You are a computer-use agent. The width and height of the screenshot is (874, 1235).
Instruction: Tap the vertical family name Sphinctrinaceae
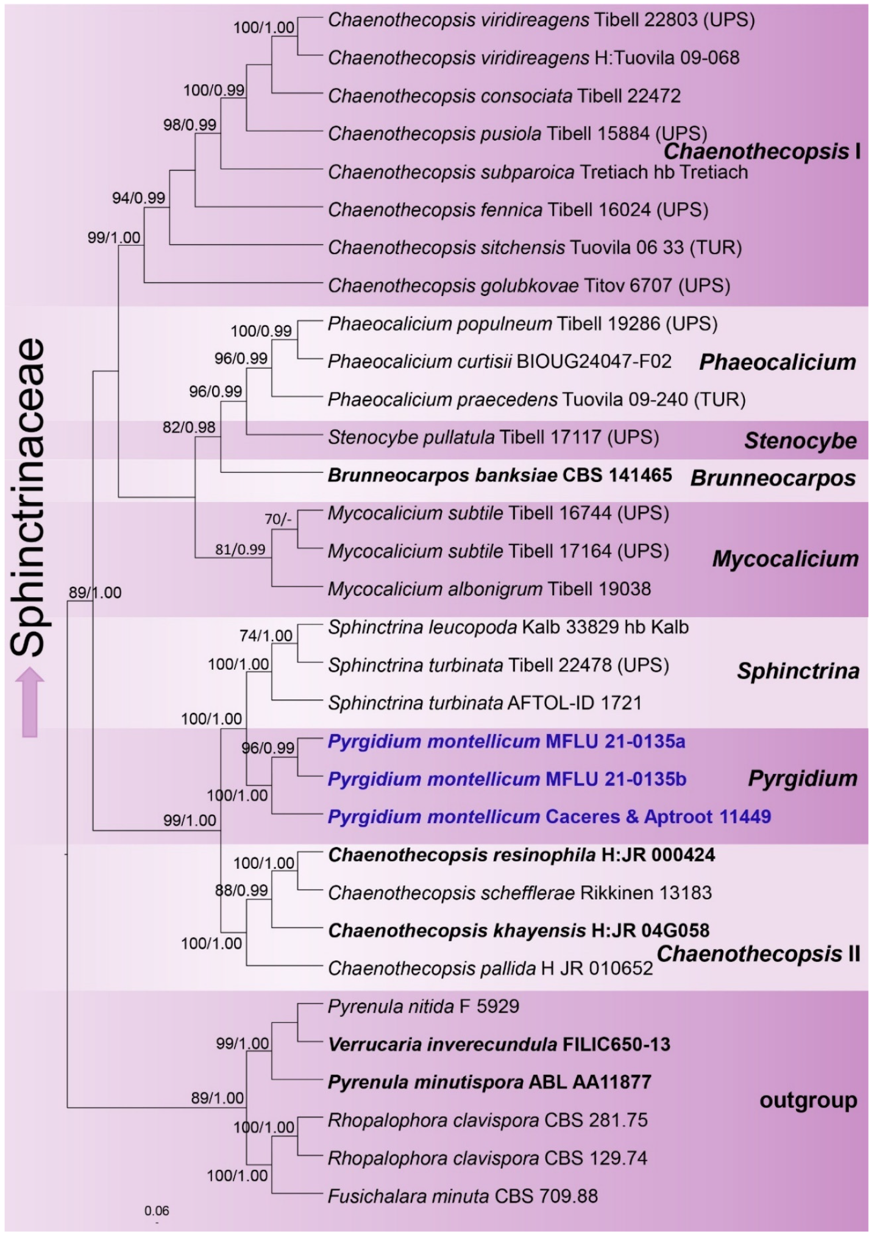click(x=29, y=497)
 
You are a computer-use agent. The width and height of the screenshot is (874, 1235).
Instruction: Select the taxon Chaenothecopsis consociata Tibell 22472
click(x=504, y=96)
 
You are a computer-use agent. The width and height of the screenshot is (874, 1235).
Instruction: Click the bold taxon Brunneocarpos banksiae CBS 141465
click(x=500, y=475)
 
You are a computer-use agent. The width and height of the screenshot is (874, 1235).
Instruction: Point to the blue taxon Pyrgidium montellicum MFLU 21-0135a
click(x=506, y=741)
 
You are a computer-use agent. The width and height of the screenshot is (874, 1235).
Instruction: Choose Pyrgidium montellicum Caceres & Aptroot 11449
click(x=549, y=817)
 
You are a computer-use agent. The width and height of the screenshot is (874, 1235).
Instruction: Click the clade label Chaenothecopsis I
click(x=762, y=151)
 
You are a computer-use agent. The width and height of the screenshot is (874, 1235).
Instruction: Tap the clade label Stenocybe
click(x=800, y=441)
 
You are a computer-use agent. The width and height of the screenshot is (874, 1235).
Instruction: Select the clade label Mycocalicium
click(x=785, y=559)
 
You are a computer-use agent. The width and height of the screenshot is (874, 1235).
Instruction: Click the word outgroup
click(x=808, y=1100)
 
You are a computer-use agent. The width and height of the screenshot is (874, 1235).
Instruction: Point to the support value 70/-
click(x=278, y=519)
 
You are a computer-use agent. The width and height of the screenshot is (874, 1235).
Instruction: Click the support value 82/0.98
click(x=189, y=428)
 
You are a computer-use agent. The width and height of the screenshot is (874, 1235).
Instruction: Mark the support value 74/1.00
click(x=266, y=635)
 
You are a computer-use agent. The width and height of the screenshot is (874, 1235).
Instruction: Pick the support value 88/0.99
click(x=241, y=890)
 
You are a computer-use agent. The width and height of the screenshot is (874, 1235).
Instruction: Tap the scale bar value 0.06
click(x=157, y=1211)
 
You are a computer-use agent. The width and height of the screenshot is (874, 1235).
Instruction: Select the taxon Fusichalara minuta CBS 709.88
click(x=463, y=1196)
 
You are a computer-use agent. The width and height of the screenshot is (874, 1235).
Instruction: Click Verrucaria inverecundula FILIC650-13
click(x=499, y=1044)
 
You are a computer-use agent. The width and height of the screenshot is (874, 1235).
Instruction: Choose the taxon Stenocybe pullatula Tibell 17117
click(x=493, y=437)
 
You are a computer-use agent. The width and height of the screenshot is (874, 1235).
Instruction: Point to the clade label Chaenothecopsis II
click(x=758, y=954)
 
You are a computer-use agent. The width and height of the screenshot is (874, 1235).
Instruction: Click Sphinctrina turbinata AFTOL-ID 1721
click(x=485, y=703)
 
